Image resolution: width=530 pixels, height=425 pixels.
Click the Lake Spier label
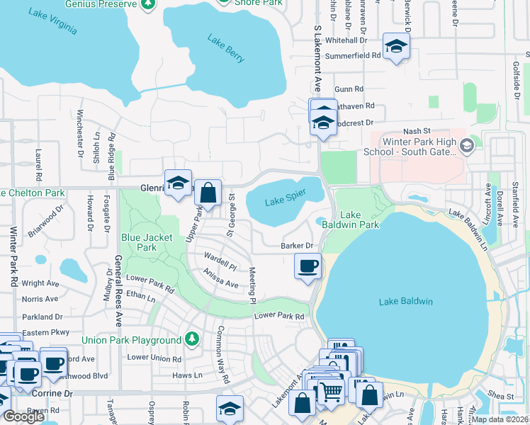(283, 202)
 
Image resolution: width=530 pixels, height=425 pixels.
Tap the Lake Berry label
(225, 49)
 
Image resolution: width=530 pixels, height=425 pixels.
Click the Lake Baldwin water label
(405, 302)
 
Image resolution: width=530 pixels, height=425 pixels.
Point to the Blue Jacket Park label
(138, 242)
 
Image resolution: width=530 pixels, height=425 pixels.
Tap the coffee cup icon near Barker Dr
(308, 266)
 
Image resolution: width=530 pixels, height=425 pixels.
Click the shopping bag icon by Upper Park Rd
(208, 191)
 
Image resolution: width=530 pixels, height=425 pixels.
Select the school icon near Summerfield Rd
(396, 46)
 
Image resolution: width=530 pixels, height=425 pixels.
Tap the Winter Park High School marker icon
(466, 146)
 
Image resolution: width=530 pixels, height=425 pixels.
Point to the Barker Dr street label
(297, 246)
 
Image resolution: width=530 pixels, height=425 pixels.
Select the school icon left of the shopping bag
(179, 182)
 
